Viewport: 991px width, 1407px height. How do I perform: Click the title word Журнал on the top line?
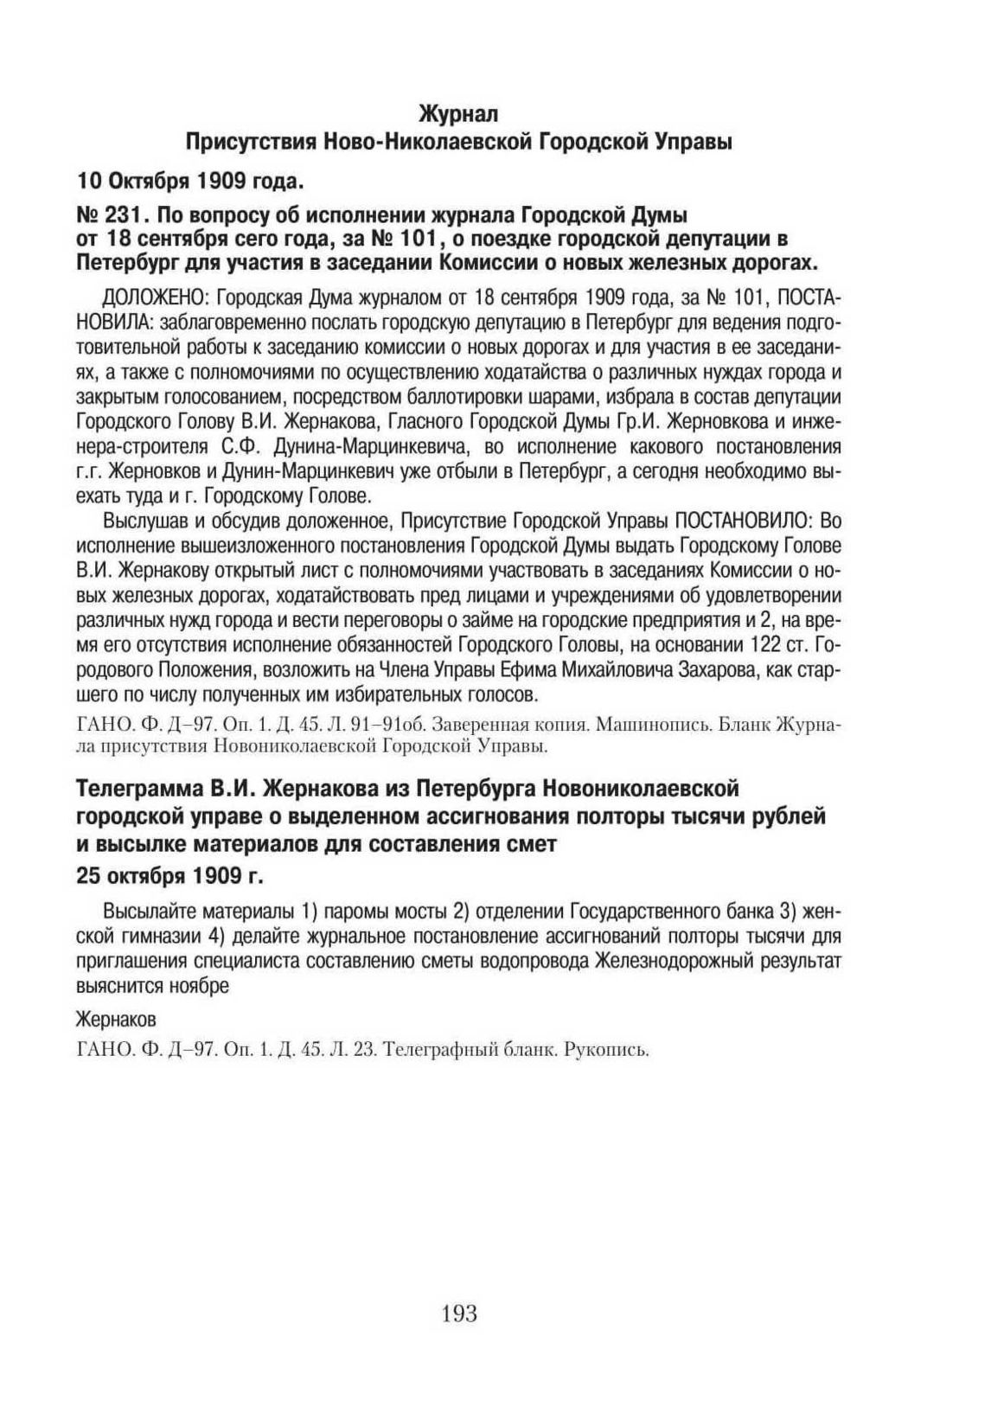[458, 113]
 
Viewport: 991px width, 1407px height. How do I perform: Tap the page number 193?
[459, 1313]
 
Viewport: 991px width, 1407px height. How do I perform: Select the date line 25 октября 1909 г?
[169, 875]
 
